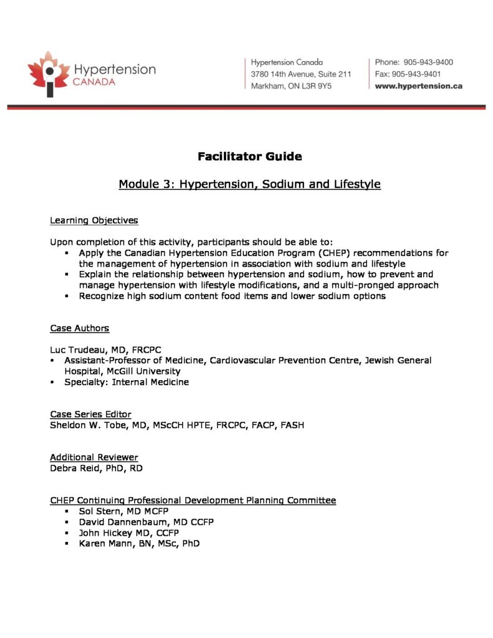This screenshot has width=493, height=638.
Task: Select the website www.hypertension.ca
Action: [x=418, y=86]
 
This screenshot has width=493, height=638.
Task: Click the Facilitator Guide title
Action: [x=249, y=156]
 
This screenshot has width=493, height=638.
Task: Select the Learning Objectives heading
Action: [x=93, y=221]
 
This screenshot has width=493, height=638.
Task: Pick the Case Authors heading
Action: [x=79, y=328]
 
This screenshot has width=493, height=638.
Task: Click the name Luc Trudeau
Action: [x=79, y=350]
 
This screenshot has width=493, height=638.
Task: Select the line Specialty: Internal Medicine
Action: [x=126, y=382]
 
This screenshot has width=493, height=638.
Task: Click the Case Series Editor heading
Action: [x=90, y=414]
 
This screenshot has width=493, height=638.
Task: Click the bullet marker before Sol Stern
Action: [x=65, y=512]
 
